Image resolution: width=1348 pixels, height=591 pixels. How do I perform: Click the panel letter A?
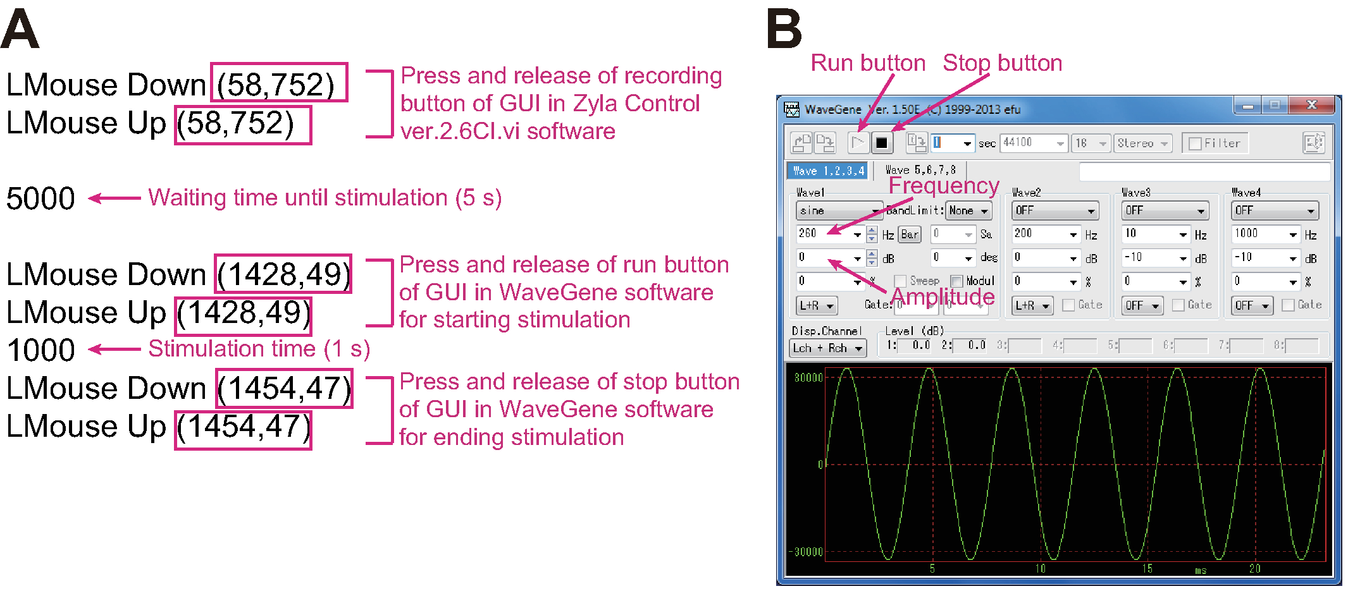[x=20, y=30]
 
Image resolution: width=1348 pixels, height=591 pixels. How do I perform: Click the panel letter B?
[x=784, y=30]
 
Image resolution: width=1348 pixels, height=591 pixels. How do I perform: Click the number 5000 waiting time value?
[x=40, y=198]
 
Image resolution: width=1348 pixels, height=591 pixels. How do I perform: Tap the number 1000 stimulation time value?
[x=40, y=350]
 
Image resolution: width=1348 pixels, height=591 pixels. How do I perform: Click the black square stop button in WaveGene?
[x=881, y=143]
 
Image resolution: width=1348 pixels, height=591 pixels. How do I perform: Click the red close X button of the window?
[x=1311, y=105]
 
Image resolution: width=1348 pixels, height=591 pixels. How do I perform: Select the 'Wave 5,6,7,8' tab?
[x=920, y=170]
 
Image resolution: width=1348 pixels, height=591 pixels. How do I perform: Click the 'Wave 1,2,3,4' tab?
[x=829, y=171]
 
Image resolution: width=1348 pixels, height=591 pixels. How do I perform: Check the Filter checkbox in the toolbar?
[x=1195, y=144]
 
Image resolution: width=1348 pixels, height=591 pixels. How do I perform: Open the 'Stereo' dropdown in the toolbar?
[x=1142, y=143]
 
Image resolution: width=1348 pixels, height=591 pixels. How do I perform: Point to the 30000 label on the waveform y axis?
[x=808, y=377]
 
